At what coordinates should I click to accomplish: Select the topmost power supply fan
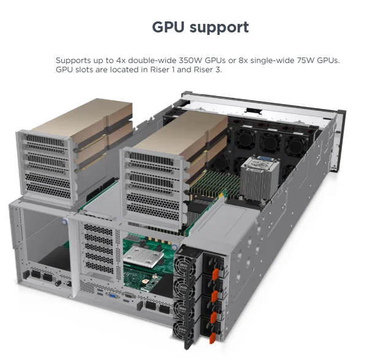[x=184, y=264]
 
